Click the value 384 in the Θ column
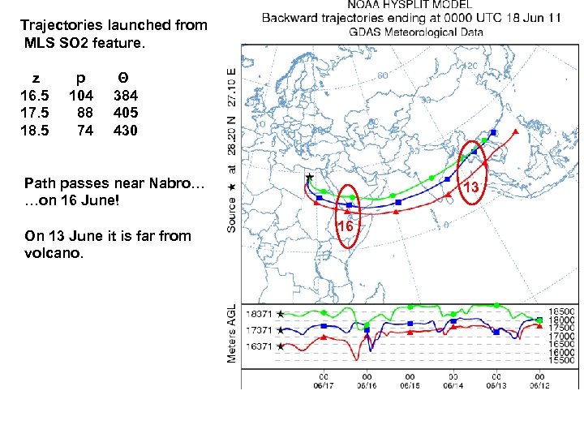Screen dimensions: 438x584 126,96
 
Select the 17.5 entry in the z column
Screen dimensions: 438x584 34,113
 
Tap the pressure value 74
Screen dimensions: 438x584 84,130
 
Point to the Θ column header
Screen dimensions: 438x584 122,79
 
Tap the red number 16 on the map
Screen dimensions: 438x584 346,227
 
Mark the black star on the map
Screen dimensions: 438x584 309,177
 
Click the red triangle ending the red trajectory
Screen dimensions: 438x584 515,131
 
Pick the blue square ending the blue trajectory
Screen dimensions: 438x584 492,132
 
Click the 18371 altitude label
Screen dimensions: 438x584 260,314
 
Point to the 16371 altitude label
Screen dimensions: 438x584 260,346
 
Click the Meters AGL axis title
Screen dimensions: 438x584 233,333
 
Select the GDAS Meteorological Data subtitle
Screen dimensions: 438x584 416,33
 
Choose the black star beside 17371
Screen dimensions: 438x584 281,330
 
